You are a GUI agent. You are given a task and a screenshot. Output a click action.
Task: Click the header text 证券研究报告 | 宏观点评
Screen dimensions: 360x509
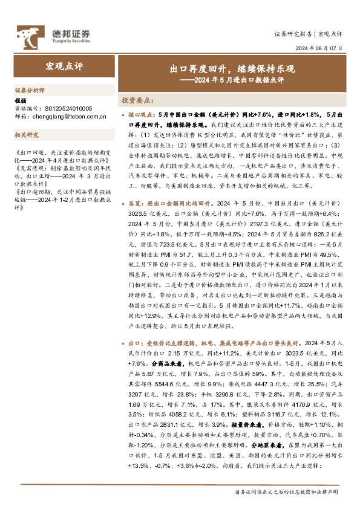tap(309, 33)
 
